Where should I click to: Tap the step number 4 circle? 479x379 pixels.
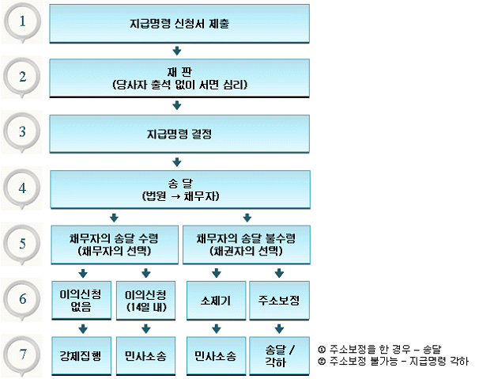[25, 189]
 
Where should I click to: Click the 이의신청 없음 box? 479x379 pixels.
[80, 300]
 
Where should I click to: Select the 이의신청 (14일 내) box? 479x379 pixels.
[145, 300]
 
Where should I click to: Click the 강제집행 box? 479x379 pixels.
[80, 356]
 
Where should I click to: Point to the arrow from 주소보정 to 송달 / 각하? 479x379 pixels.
[278, 328]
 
